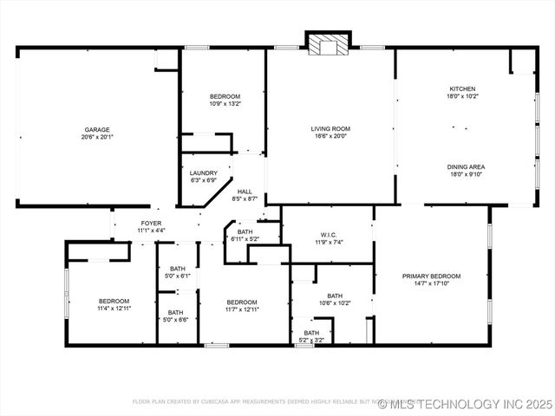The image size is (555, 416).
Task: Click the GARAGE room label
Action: coord(96,129)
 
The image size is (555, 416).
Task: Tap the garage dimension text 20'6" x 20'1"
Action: coord(96,137)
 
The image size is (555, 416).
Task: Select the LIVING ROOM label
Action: coord(330,129)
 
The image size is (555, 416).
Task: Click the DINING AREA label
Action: coord(466,166)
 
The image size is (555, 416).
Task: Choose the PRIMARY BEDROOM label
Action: coord(431,276)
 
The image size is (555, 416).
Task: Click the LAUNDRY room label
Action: coord(204,173)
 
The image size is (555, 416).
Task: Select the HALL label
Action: coord(245,192)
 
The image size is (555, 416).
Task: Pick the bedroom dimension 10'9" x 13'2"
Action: coord(225,104)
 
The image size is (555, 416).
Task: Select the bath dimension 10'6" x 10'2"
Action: coord(335,303)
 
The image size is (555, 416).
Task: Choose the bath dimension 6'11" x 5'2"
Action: coord(245,239)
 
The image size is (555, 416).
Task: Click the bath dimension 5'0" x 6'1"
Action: coord(177,276)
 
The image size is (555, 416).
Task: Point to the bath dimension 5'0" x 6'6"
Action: coord(175,320)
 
